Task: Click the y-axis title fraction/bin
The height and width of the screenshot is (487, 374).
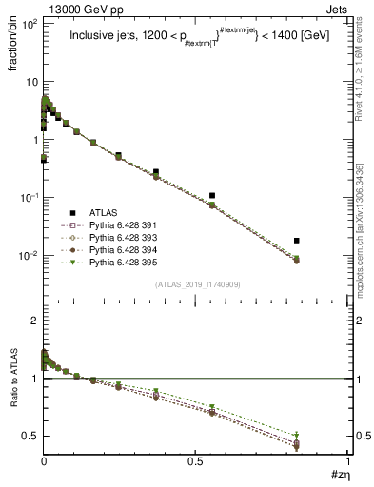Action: click(x=19, y=49)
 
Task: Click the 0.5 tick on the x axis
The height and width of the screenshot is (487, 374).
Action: click(x=195, y=464)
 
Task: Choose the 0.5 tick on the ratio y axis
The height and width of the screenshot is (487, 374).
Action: click(x=31, y=436)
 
